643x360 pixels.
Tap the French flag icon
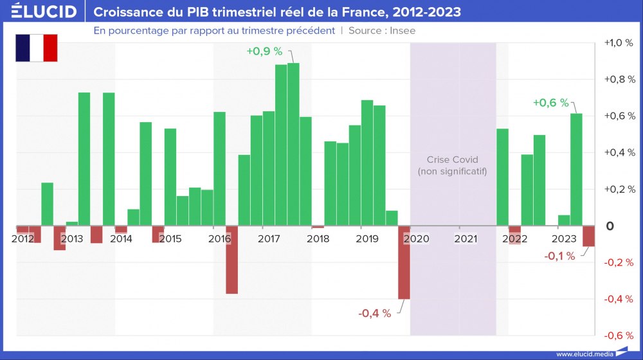[37, 48]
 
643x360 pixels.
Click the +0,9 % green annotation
[264, 51]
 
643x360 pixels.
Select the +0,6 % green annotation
[551, 102]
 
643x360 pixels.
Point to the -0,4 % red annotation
[374, 313]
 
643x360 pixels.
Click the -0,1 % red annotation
[559, 256]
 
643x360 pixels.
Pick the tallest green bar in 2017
[293, 144]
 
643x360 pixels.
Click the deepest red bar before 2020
[404, 262]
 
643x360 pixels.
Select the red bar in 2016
[231, 260]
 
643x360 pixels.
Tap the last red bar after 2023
[588, 236]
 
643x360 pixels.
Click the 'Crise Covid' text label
[453, 159]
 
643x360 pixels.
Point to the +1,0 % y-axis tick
[619, 43]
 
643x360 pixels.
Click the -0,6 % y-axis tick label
[619, 336]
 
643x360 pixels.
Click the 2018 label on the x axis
[318, 239]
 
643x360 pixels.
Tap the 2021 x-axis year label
[465, 239]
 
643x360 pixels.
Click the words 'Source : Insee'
[382, 30]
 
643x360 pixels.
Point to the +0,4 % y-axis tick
[619, 153]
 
